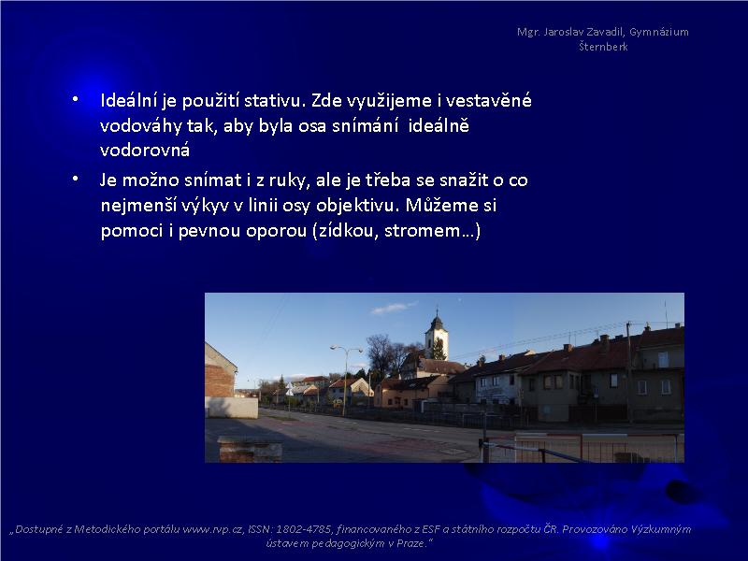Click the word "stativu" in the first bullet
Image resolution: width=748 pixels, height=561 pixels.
274,101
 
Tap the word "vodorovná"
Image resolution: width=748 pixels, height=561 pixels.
145,151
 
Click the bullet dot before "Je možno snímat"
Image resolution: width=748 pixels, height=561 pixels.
76,179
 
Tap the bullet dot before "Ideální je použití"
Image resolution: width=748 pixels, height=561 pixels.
76,99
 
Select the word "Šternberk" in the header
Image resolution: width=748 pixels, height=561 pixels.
603,47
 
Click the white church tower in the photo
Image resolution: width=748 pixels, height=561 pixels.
437,336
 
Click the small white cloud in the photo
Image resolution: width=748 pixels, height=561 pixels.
394,308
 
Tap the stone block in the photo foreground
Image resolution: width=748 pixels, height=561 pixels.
250,449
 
